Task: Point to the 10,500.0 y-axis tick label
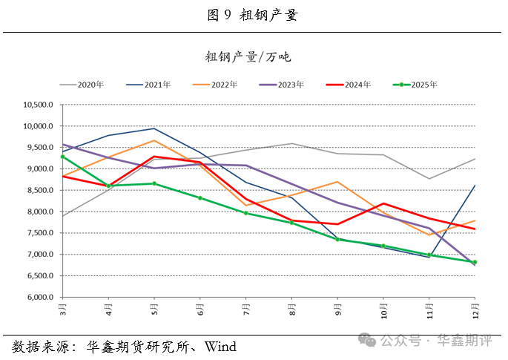39,105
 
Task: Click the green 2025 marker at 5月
154,183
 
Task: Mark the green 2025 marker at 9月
337,239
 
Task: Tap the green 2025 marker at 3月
63,157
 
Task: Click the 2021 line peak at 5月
154,128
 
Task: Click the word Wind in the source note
220,346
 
